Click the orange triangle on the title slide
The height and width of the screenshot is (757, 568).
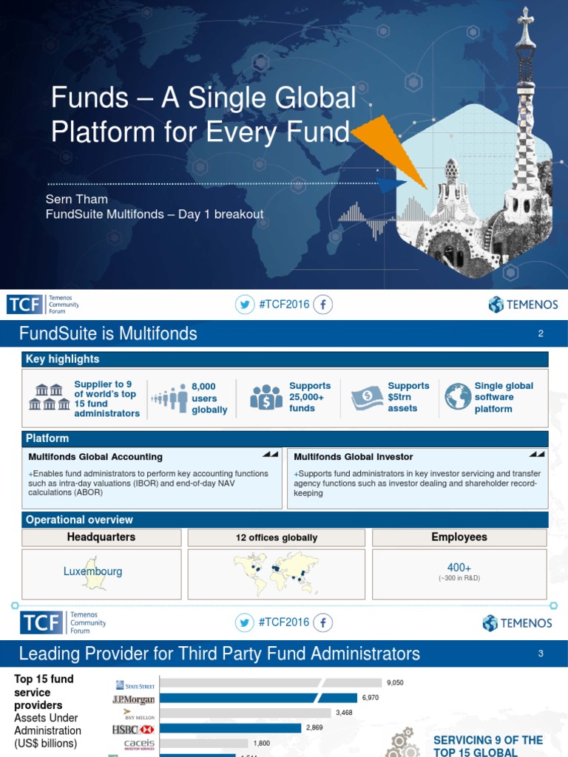point(388,148)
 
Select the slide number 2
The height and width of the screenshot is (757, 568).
point(541,334)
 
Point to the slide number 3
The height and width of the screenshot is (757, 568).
point(541,654)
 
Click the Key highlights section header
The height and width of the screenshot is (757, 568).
point(63,359)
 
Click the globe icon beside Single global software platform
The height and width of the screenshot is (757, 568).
point(458,397)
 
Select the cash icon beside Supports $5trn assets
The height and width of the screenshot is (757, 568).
point(367,397)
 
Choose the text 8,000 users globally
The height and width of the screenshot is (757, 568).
point(209,398)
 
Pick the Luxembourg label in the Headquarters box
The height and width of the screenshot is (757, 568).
point(93,571)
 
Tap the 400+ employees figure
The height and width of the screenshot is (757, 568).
point(459,568)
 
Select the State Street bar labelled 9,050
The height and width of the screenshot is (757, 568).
point(269,683)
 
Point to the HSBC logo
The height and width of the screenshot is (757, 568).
point(132,728)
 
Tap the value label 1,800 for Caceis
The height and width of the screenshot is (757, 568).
point(263,743)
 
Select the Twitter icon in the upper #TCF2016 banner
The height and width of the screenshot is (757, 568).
point(244,305)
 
